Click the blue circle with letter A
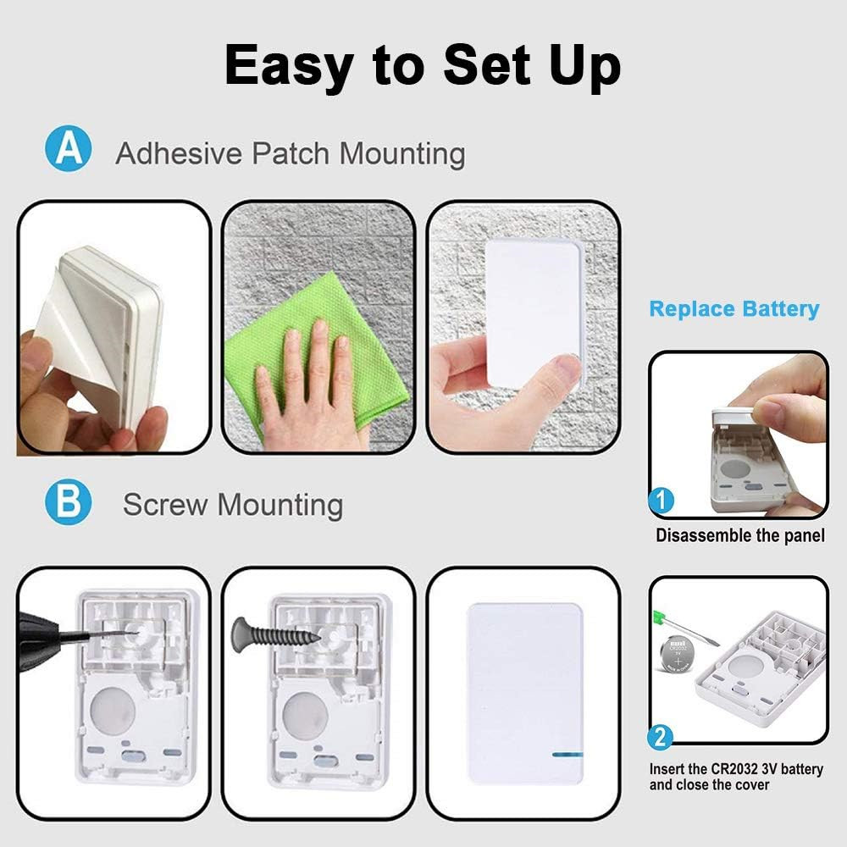pyautogui.click(x=68, y=148)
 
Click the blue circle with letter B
pyautogui.click(x=68, y=501)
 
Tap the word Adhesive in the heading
pyautogui.click(x=179, y=153)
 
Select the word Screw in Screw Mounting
pyautogui.click(x=165, y=505)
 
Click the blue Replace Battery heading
pyautogui.click(x=734, y=309)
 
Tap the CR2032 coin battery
pyautogui.click(x=678, y=654)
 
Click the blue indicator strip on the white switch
pyautogui.click(x=567, y=754)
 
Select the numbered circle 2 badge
pyautogui.click(x=660, y=737)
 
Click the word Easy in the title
pyautogui.click(x=289, y=66)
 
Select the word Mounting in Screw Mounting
pyautogui.click(x=280, y=505)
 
